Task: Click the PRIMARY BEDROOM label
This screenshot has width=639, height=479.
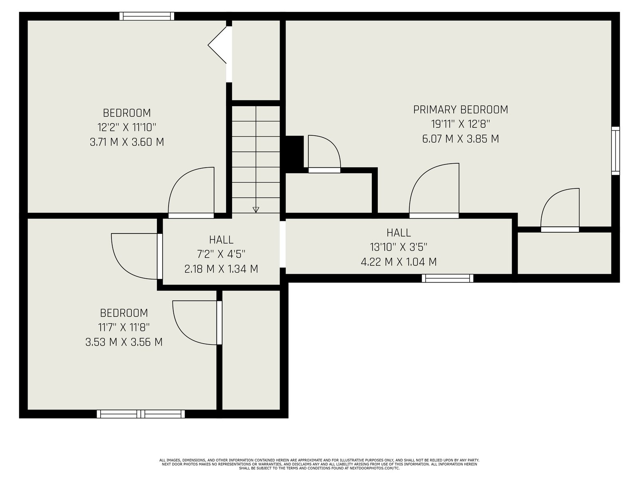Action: [460, 110]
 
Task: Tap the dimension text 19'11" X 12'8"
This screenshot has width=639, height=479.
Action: [460, 124]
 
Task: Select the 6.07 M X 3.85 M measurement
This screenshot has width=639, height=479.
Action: [460, 139]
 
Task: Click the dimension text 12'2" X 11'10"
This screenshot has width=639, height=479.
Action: [127, 127]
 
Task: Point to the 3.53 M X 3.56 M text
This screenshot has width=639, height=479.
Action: [124, 342]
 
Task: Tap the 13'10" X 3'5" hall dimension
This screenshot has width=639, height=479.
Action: [399, 247]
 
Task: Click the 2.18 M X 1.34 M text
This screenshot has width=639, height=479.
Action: [221, 269]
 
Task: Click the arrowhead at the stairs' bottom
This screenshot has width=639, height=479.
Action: [256, 210]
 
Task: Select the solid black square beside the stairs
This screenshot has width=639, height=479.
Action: [295, 152]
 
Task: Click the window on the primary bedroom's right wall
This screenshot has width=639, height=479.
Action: [615, 150]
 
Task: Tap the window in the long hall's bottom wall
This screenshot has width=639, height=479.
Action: [448, 278]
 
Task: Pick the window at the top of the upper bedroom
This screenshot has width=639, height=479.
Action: [147, 16]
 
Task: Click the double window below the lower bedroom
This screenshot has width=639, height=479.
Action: [141, 414]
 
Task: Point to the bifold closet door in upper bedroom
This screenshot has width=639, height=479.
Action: [217, 45]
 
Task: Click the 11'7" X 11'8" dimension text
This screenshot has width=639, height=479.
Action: [124, 327]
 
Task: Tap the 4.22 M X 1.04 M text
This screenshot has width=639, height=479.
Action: [399, 262]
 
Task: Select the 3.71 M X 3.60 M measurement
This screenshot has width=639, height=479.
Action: [127, 142]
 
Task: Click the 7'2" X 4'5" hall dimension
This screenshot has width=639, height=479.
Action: [221, 255]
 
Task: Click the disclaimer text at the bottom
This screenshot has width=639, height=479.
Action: [319, 464]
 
